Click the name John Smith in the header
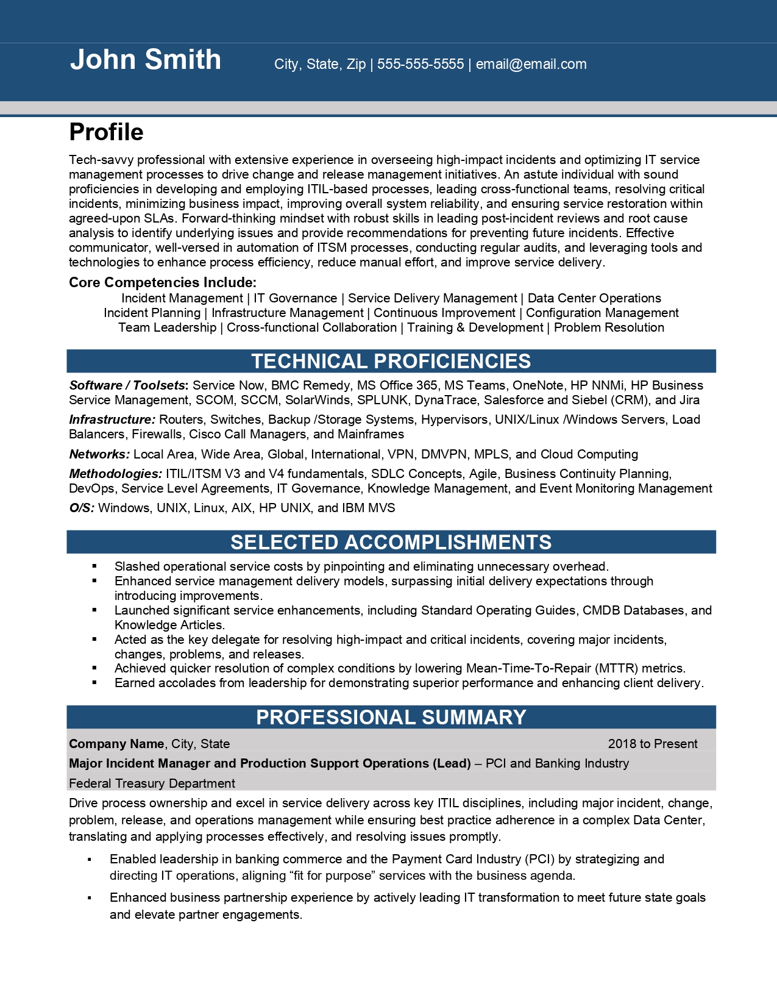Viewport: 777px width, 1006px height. tap(146, 60)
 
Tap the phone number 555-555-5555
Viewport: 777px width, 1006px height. tap(420, 64)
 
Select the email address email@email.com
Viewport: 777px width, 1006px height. tap(531, 64)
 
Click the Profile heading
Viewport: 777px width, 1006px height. tap(107, 132)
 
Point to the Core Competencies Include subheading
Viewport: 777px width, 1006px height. tap(163, 282)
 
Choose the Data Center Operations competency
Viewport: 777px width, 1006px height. tap(594, 298)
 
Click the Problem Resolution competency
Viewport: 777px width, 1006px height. tap(609, 327)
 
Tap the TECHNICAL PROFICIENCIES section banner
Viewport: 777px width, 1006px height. tap(391, 361)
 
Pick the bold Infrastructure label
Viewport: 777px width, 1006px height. tap(112, 419)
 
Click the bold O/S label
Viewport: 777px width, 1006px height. tap(82, 508)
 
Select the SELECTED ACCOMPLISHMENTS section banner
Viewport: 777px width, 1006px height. tap(391, 542)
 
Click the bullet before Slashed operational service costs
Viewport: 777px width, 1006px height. tap(94, 566)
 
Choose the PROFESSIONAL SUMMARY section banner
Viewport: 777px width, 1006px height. tap(391, 717)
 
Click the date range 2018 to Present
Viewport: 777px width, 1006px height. tap(653, 744)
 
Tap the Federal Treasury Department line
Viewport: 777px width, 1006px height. tap(152, 783)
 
